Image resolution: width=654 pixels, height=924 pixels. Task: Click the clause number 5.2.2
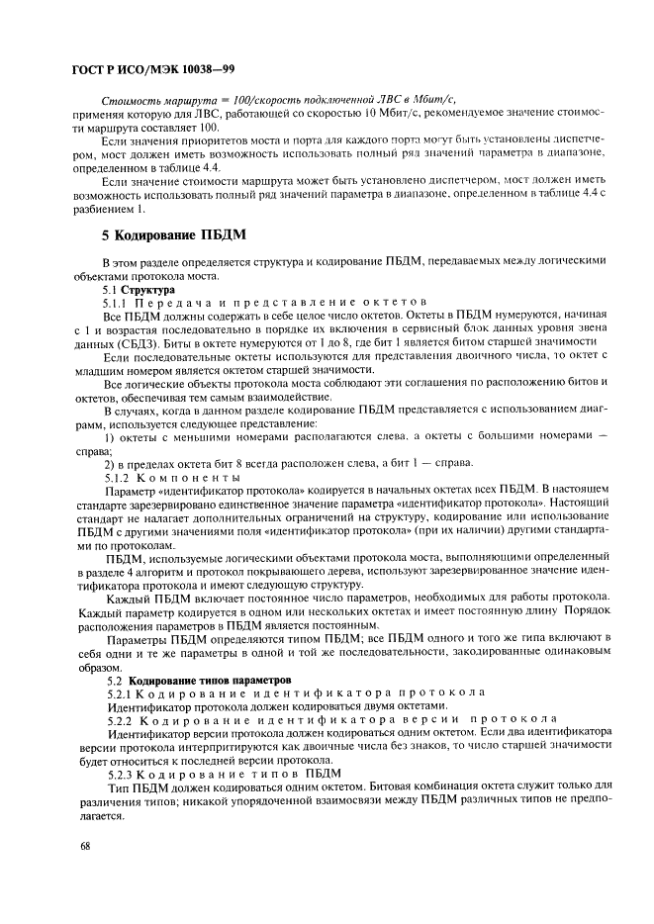coord(121,719)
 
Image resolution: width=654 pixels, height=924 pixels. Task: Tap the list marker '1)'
coord(110,436)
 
